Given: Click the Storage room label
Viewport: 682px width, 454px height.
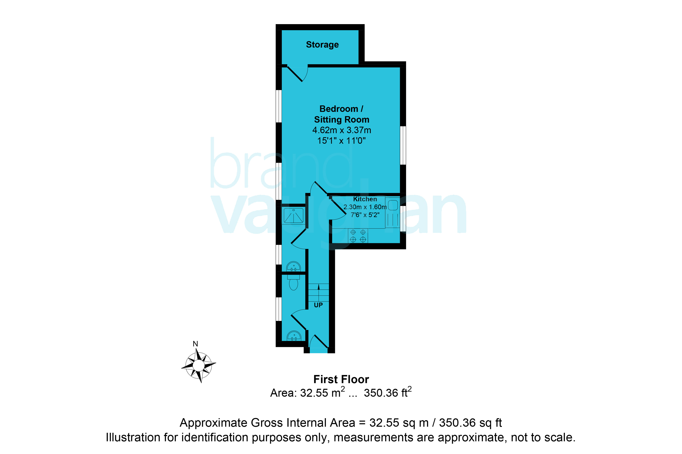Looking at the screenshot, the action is click(322, 45).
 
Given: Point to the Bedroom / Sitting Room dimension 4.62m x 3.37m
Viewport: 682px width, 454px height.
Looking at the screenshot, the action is click(341, 130).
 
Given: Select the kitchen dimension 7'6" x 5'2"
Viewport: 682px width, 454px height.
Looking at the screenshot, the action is click(365, 215).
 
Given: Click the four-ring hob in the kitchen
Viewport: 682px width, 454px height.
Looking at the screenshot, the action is click(358, 236).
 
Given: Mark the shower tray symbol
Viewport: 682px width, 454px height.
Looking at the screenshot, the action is click(294, 216).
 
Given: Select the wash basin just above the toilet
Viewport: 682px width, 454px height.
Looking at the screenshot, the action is click(294, 266).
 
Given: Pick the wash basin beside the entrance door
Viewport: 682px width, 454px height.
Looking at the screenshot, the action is click(294, 336).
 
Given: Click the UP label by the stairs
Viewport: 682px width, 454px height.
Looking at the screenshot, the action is click(318, 305).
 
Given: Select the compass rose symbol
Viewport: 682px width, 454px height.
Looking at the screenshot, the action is click(199, 365).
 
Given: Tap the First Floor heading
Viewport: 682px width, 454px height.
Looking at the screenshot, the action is click(341, 379).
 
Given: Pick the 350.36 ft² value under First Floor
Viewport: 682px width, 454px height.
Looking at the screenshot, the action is click(388, 392).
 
